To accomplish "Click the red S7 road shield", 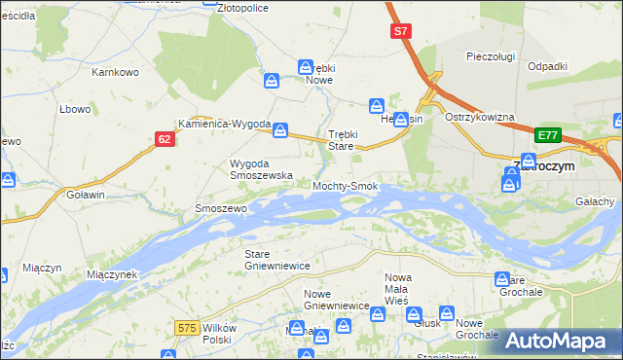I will point(400,32).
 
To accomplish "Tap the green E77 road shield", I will point(548,135).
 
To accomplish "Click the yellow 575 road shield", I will point(189,329).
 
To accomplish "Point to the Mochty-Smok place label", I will point(345,185).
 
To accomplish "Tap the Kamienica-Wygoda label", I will point(224,124).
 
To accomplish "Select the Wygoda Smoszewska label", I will point(261,169).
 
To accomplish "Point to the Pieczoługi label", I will point(490,56).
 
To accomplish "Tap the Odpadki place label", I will point(547,65).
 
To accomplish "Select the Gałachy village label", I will point(595,201).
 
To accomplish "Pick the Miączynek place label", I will point(112,274).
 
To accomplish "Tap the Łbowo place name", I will point(75,109).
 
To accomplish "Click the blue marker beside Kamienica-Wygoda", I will point(280,128).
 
